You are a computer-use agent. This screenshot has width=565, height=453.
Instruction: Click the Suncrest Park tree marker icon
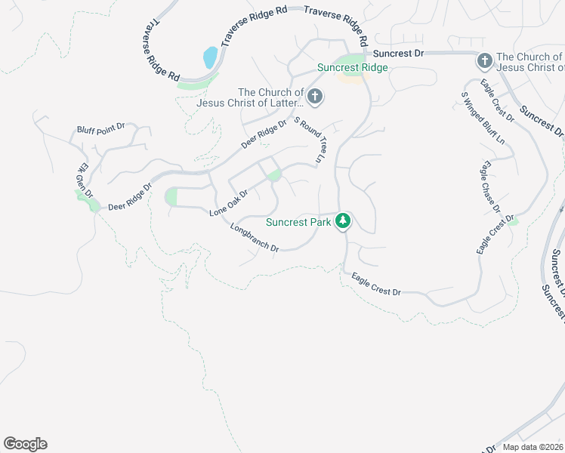(x=344, y=221)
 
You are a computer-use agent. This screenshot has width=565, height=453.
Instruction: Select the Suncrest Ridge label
(x=352, y=67)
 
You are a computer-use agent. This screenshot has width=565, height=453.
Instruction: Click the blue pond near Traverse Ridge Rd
(x=211, y=57)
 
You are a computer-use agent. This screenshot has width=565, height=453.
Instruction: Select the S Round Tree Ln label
(x=308, y=140)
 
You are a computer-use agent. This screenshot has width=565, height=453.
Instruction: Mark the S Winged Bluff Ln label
(x=483, y=118)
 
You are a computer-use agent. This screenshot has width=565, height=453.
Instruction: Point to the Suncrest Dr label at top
(x=400, y=54)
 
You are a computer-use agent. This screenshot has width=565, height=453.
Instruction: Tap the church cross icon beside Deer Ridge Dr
(x=315, y=96)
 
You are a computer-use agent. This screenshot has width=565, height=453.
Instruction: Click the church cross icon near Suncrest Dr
(x=483, y=59)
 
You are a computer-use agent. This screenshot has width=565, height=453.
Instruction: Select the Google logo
(x=25, y=444)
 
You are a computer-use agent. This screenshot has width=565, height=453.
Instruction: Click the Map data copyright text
(x=533, y=447)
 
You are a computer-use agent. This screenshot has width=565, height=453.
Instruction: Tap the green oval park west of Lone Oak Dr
(x=171, y=197)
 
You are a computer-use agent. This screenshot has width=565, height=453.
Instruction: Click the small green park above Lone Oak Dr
(x=274, y=176)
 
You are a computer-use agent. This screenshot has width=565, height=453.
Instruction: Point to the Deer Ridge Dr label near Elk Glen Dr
(x=130, y=196)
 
